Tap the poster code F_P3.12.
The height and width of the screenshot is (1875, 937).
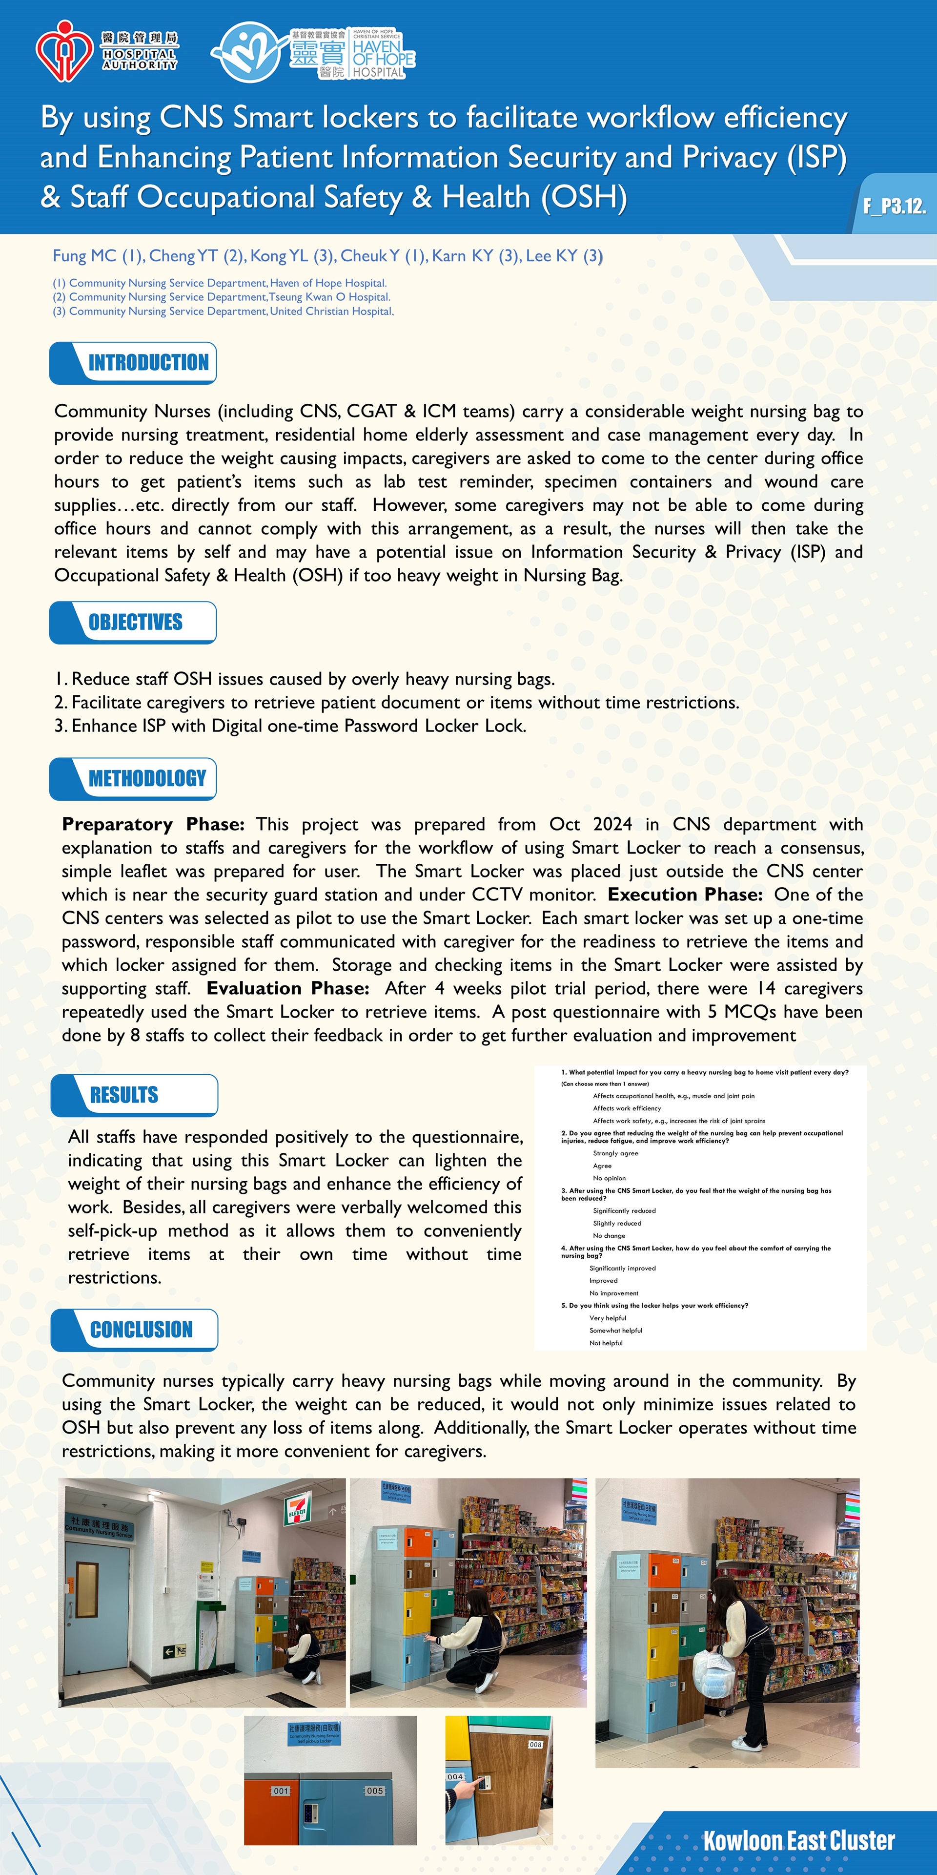(x=894, y=207)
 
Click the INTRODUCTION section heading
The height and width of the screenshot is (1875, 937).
(x=148, y=362)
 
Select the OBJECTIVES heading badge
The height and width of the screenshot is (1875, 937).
(x=135, y=623)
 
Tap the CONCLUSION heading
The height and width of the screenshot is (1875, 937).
(x=141, y=1329)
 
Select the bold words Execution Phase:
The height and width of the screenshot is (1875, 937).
(x=685, y=895)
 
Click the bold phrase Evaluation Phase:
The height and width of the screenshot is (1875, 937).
(x=287, y=988)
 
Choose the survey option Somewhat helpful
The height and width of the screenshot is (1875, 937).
(x=615, y=1331)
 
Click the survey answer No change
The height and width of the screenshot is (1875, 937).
(x=609, y=1235)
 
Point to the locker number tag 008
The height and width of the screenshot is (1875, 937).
(x=535, y=1745)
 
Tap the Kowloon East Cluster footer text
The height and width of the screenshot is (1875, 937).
(x=798, y=1841)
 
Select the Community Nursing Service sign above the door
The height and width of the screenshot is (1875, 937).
(x=99, y=1526)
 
